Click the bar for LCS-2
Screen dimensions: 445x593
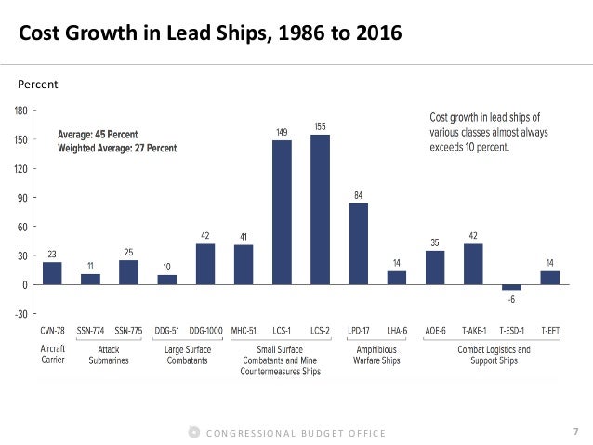pyautogui.click(x=320, y=209)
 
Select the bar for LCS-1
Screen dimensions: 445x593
pyautogui.click(x=282, y=212)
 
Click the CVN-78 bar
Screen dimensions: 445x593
pyautogui.click(x=52, y=273)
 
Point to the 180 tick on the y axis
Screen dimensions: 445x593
pyautogui.click(x=20, y=111)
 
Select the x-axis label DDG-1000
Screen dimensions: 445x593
pyautogui.click(x=205, y=331)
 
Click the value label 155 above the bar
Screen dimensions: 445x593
pyautogui.click(x=320, y=126)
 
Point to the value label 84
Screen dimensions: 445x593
pyautogui.click(x=359, y=195)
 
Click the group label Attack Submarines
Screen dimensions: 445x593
pyautogui.click(x=110, y=356)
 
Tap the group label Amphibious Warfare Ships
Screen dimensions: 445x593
pyautogui.click(x=377, y=356)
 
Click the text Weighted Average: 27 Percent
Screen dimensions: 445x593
pyautogui.click(x=117, y=148)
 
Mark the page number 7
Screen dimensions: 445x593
pyautogui.click(x=576, y=432)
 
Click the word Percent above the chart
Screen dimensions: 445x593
pyautogui.click(x=38, y=85)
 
